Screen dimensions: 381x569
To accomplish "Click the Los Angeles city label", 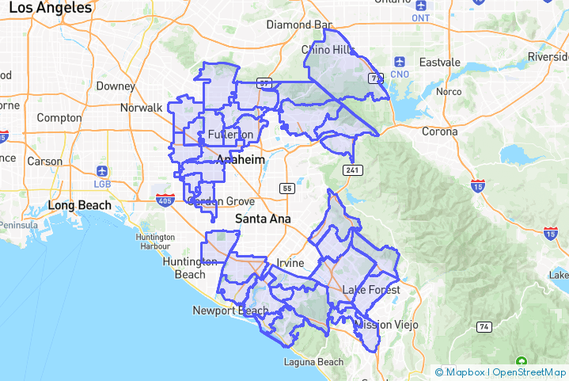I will (x=50, y=9).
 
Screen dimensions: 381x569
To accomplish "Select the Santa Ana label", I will (x=264, y=218).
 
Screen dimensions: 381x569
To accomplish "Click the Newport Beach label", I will (x=230, y=311).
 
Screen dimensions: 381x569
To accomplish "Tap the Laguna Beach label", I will (x=314, y=363).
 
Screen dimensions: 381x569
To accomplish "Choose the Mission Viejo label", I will (x=385, y=325).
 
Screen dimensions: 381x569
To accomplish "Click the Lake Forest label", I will (x=371, y=290).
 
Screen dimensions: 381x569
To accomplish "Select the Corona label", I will (x=439, y=131).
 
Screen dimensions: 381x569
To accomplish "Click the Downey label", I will (x=116, y=86).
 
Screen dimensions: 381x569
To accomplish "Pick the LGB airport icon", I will (x=102, y=171).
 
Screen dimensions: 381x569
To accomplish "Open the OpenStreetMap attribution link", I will (x=527, y=371).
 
